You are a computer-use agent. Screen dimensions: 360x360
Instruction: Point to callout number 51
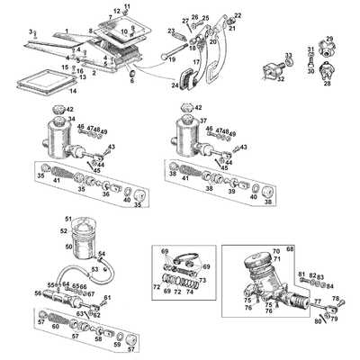67,219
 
